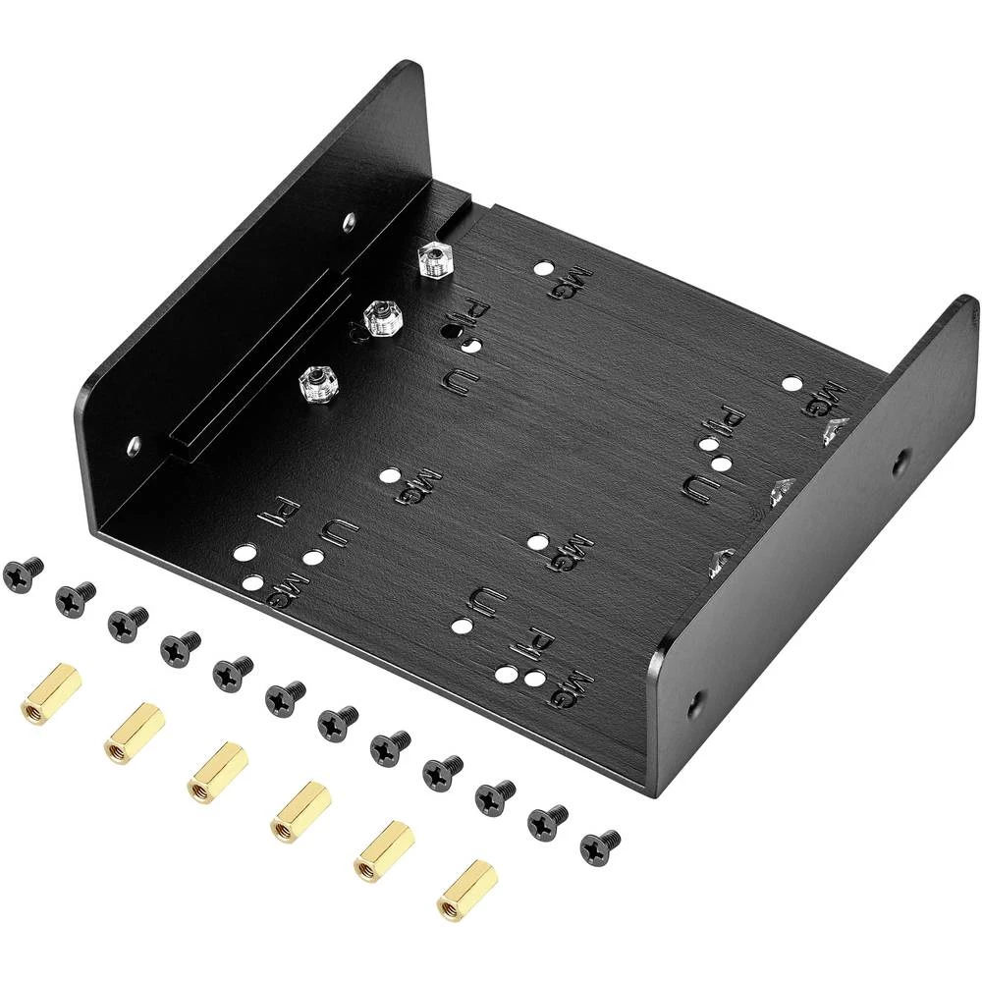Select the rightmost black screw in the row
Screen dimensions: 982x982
599,846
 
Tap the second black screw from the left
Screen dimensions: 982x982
76,594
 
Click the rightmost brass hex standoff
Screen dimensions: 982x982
466,890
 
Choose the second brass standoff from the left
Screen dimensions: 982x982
133,733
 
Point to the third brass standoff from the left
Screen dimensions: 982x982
216,771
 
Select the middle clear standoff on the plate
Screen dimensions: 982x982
379,317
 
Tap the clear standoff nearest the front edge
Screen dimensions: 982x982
316,380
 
